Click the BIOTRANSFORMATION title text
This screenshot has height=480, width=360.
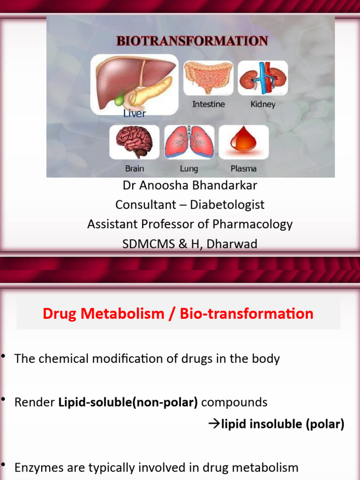(x=192, y=41)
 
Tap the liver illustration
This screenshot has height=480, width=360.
(x=134, y=82)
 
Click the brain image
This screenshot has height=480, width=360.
(x=135, y=142)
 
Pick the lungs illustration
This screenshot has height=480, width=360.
(x=189, y=142)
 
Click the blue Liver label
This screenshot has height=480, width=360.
(x=135, y=113)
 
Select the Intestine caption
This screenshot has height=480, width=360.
(x=208, y=104)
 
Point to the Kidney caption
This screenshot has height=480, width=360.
(x=262, y=104)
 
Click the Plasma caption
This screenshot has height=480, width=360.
(x=244, y=168)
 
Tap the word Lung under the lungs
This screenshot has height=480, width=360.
(x=189, y=168)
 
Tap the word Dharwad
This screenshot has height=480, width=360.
(x=235, y=244)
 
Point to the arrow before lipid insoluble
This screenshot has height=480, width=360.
(x=214, y=424)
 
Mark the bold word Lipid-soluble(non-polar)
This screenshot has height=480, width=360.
(x=128, y=402)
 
